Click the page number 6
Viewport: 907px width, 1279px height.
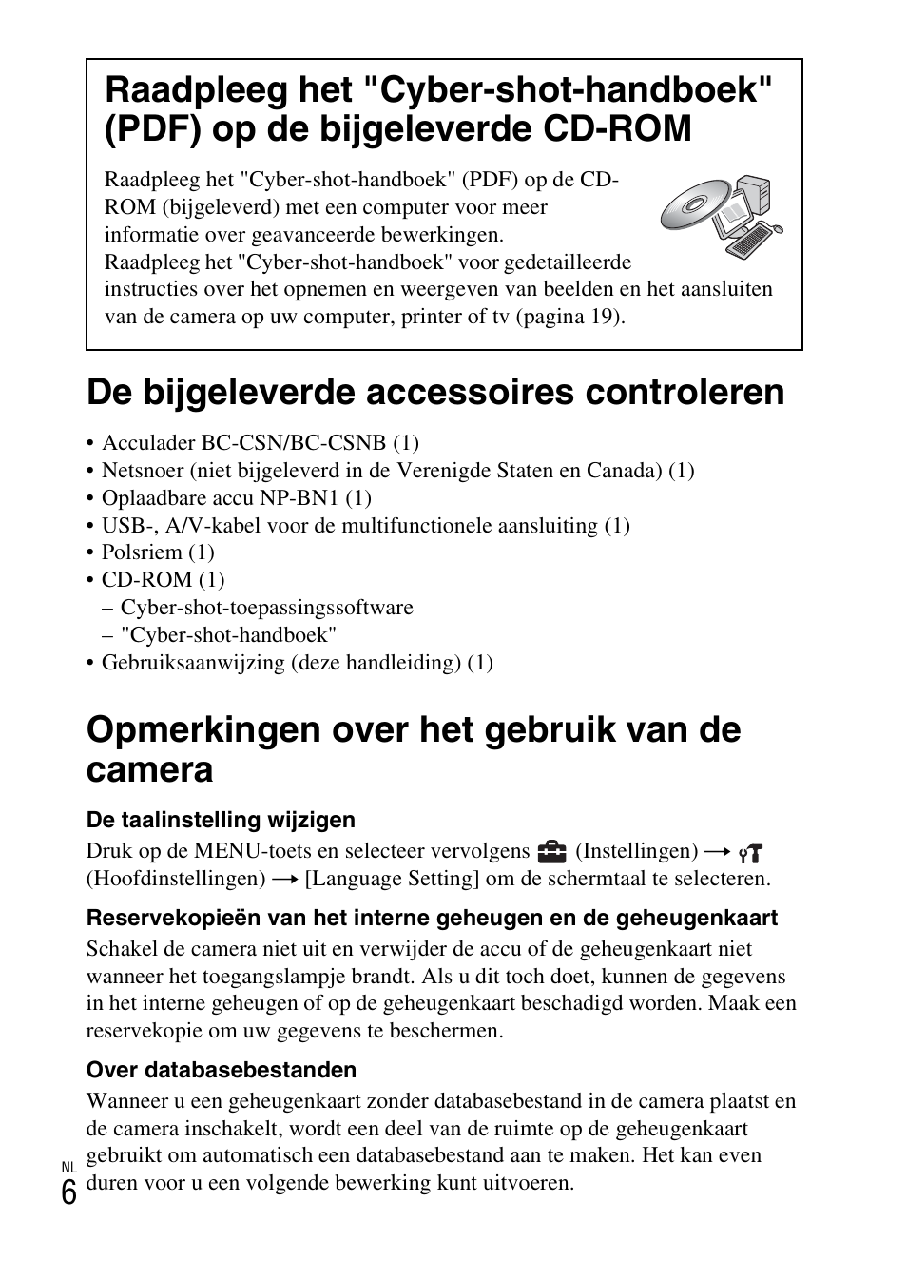[68, 1192]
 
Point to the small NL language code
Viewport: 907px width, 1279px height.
[68, 1167]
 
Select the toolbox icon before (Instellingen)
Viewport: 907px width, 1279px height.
[551, 851]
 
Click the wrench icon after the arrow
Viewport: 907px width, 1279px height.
[752, 853]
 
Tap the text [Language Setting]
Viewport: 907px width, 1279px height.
[392, 878]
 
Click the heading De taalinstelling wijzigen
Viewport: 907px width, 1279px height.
[221, 820]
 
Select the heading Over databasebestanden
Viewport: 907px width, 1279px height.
[221, 1070]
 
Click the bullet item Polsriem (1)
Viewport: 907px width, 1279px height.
[158, 552]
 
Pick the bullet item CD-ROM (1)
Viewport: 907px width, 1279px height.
[163, 580]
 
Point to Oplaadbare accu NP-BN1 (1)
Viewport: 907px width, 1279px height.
[236, 497]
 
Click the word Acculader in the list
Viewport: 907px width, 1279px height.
[142, 443]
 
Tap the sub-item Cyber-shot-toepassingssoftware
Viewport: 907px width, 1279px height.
[266, 608]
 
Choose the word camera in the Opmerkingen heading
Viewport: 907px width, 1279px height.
[149, 770]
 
